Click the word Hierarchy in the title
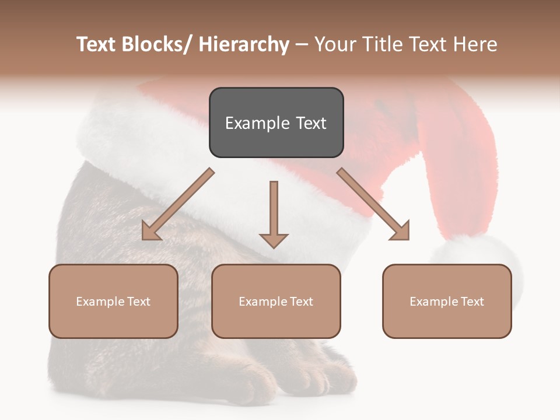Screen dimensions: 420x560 (x=244, y=44)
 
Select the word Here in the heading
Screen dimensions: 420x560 (x=475, y=44)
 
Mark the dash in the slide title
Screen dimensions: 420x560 (x=302, y=45)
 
